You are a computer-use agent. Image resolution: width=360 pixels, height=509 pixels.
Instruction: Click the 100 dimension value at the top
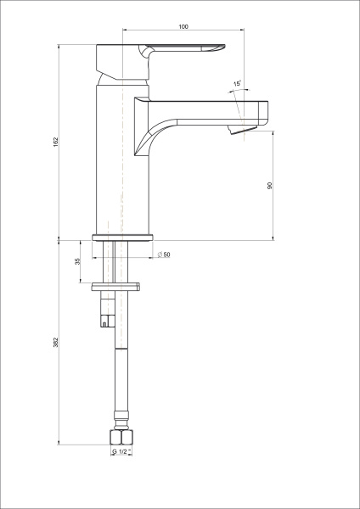coord(183,27)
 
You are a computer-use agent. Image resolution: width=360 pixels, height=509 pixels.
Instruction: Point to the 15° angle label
coord(238,83)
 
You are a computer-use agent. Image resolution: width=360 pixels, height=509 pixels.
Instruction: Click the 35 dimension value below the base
coord(78,262)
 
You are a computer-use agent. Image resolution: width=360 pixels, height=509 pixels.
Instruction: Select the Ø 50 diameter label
coord(163,255)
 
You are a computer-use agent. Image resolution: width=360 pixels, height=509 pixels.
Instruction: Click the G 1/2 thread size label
coord(121,452)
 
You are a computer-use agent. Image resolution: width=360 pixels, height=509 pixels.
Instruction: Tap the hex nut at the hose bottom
coord(121,437)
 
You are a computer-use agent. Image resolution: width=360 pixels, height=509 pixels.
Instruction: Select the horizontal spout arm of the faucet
coord(204,109)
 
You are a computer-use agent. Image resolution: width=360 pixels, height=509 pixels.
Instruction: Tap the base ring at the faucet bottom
coord(121,237)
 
